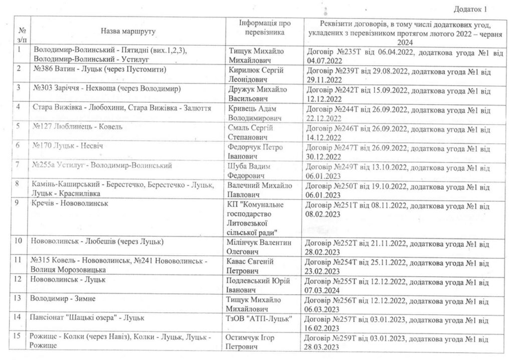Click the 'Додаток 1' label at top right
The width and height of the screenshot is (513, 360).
coord(470,9)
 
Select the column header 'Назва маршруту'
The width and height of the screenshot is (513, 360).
coord(128,31)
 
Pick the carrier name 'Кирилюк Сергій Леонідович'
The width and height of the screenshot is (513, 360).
coord(256,75)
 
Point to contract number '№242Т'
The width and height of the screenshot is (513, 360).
coord(349,89)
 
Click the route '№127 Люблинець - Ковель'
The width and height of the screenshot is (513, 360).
coord(77,127)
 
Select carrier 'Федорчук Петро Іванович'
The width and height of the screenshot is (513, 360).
coord(255,151)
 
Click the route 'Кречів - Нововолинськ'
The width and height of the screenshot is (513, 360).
coord(69,204)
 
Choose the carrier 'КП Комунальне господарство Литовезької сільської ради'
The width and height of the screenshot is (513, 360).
coord(256,218)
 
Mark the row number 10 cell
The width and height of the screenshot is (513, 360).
coord(19,241)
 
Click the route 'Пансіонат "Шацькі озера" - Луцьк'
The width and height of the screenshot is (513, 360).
coord(87,318)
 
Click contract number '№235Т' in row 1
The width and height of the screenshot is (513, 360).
coord(349,51)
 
